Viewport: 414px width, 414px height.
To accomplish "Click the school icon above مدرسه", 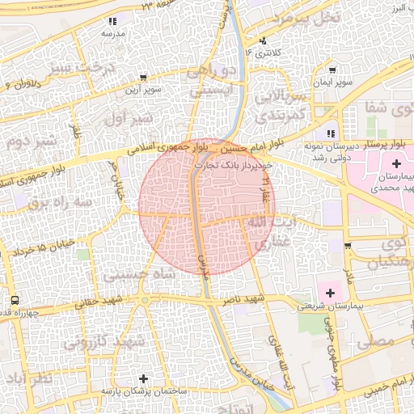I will pyautogui.click(x=111, y=22).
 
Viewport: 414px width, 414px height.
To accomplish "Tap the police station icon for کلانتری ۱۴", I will pyautogui.click(x=261, y=41).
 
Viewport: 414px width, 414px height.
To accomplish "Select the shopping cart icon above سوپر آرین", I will pyautogui.click(x=142, y=78).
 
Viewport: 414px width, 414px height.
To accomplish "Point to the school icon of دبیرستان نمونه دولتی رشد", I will pyautogui.click(x=329, y=134).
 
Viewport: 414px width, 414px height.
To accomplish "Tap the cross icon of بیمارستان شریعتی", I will pyautogui.click(x=329, y=291).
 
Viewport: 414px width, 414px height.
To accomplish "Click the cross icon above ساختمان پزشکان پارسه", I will pyautogui.click(x=143, y=378).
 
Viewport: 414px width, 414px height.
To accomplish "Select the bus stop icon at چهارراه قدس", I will pyautogui.click(x=15, y=301).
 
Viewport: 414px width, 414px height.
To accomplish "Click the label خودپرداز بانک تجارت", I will pyautogui.click(x=233, y=163).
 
